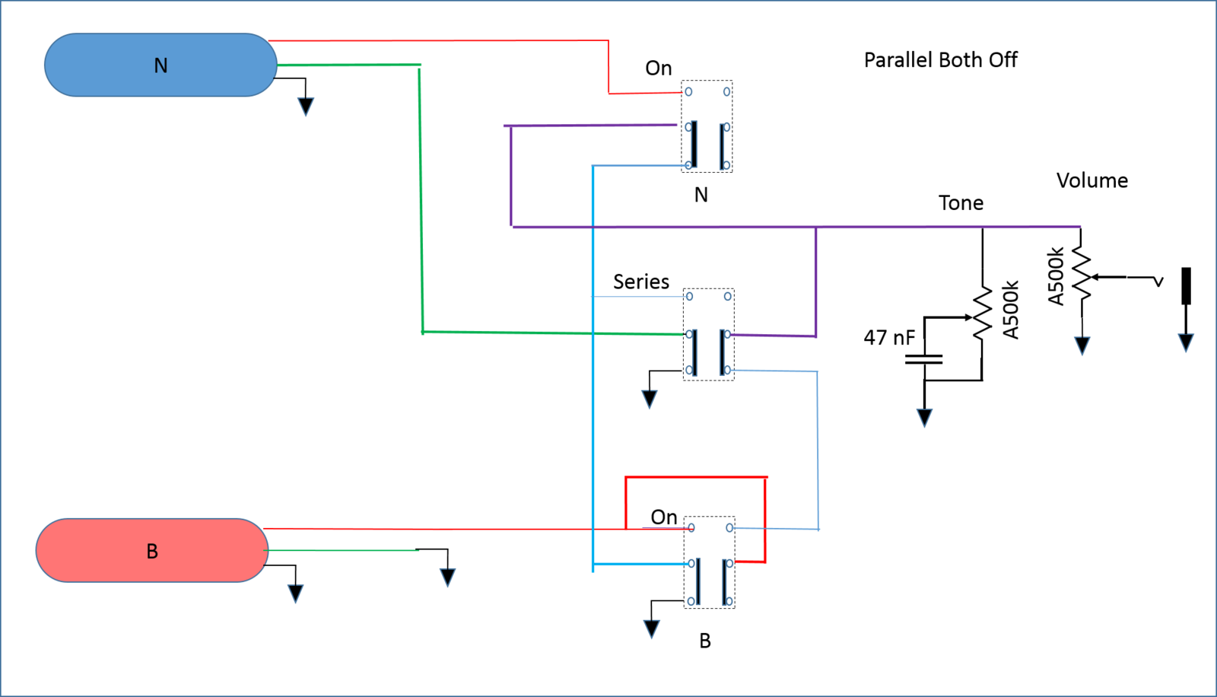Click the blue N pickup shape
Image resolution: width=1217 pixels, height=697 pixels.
click(160, 65)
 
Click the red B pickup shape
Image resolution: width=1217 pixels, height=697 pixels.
click(152, 550)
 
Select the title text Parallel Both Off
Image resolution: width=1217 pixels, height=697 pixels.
click(940, 60)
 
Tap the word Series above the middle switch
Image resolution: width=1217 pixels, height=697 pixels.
click(641, 282)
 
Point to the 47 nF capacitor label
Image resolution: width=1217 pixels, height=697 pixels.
click(889, 338)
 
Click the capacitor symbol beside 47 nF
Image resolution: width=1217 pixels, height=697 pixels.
click(924, 359)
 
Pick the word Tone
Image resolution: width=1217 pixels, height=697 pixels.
click(961, 203)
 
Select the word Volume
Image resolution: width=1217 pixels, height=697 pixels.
click(1092, 180)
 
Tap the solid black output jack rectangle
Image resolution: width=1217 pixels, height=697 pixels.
click(1187, 285)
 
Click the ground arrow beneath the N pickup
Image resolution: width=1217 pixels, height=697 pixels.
click(306, 107)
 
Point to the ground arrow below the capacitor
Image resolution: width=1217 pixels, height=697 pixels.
click(925, 418)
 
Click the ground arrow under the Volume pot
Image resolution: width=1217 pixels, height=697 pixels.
click(1082, 345)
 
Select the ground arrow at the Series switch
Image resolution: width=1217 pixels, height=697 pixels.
click(650, 399)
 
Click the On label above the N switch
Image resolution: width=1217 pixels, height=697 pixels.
click(659, 68)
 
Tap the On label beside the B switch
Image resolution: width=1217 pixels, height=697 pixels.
click(664, 517)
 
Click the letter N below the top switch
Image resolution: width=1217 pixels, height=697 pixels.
click(701, 196)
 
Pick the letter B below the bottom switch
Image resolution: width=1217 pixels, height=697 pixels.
click(704, 641)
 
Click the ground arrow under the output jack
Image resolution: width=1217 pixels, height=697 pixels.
click(1186, 343)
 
